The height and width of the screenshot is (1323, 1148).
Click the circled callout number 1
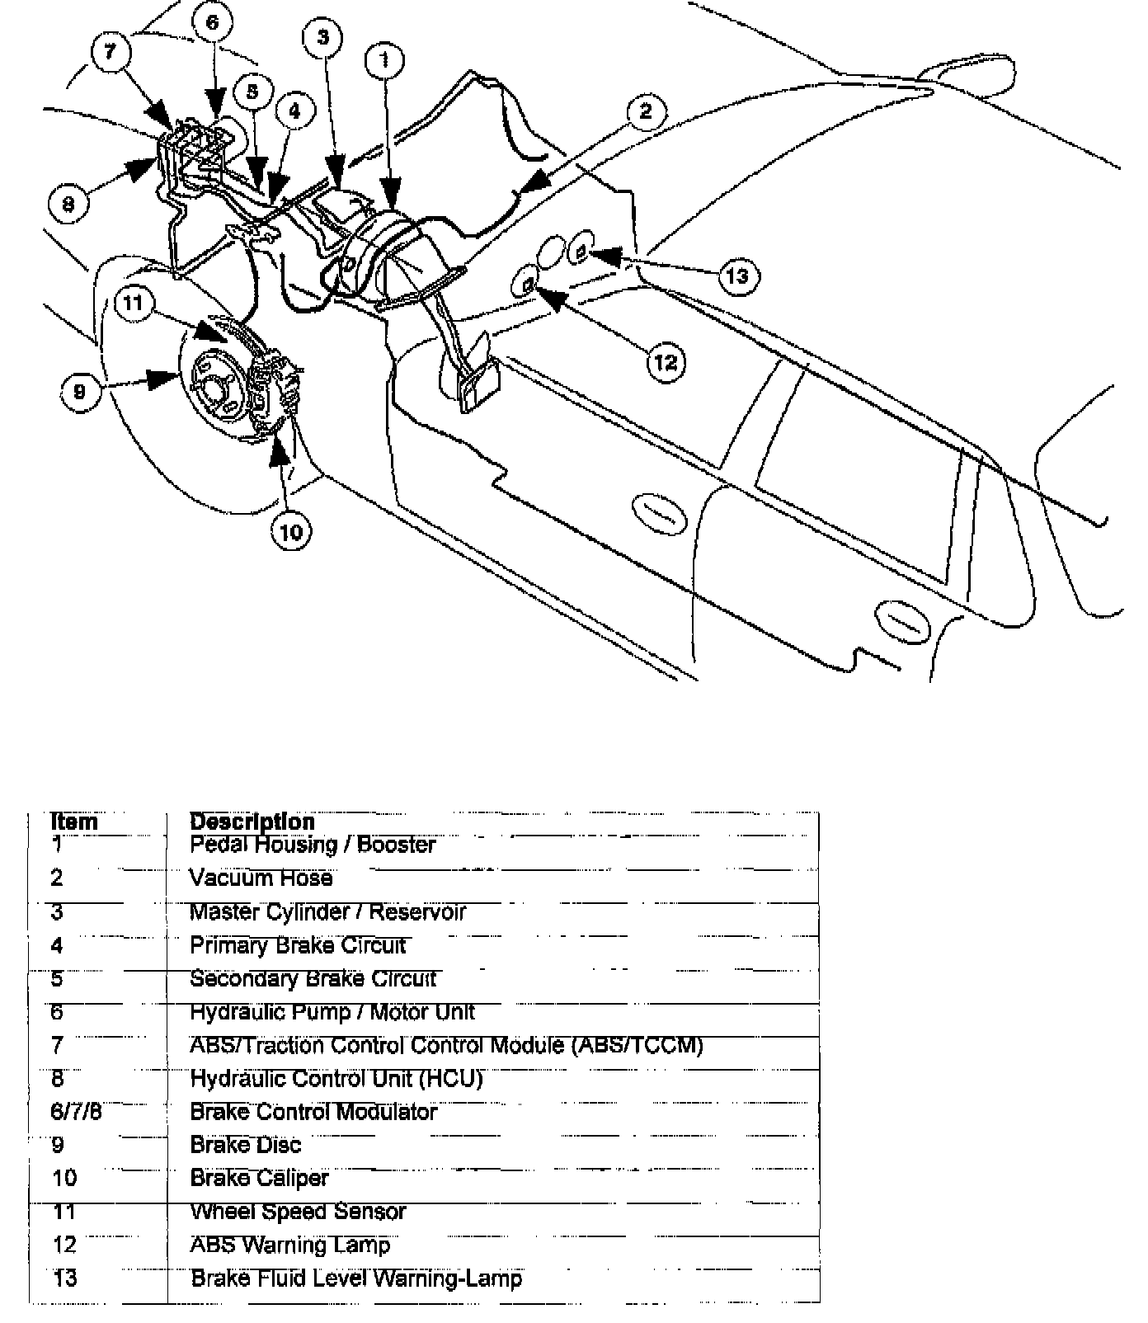click(x=385, y=59)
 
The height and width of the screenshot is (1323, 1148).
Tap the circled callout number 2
click(x=646, y=111)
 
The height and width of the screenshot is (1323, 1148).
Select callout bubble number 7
click(x=110, y=53)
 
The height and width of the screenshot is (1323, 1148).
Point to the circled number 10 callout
click(x=291, y=532)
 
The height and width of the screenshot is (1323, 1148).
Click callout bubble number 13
click(x=736, y=275)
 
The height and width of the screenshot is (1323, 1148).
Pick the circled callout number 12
click(x=666, y=361)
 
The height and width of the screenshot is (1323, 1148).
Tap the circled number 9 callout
click(x=79, y=391)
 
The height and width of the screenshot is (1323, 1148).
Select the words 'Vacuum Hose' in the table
click(x=261, y=878)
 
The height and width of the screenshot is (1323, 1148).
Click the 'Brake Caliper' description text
click(x=259, y=1178)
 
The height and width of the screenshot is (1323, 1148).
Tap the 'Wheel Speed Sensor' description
click(x=298, y=1212)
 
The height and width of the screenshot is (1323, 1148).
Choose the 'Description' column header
click(x=252, y=822)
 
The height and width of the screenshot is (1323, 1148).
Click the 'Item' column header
click(x=73, y=822)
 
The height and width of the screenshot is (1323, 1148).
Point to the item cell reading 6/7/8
click(x=76, y=1111)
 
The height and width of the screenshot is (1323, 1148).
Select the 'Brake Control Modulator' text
click(x=313, y=1112)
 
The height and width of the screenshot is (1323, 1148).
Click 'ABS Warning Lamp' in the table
click(x=289, y=1245)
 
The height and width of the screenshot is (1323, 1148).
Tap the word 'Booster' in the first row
click(x=396, y=845)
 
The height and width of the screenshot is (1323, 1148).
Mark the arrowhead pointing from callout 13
click(x=595, y=256)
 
